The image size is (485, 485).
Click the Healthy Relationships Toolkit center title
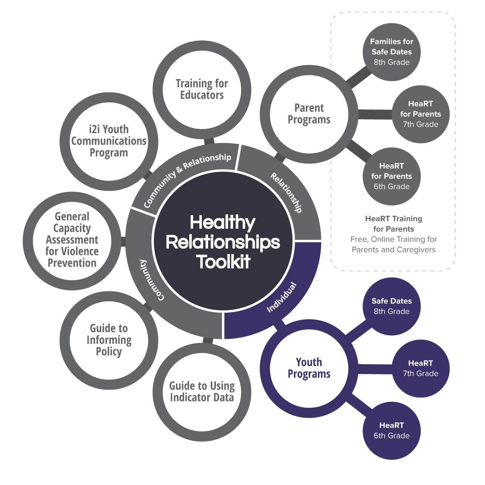point(223,242)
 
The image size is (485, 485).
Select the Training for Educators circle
point(202,89)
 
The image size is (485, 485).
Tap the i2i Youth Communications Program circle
point(109,141)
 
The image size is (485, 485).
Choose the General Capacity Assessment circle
point(72,240)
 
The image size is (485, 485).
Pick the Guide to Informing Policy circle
point(109,340)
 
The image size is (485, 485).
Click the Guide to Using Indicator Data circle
point(202,392)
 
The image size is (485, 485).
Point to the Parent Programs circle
point(309,114)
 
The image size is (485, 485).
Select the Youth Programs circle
point(309,368)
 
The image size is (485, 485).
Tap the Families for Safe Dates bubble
point(391,52)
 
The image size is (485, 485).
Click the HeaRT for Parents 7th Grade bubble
point(420,114)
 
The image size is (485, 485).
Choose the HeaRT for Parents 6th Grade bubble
point(391,176)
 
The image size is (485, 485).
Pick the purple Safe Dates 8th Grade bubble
point(391,306)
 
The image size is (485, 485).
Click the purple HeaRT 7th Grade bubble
point(420,368)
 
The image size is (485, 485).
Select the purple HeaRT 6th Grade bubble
point(391,430)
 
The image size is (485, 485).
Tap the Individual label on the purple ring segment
point(282,297)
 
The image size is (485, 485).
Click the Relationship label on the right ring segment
point(286,192)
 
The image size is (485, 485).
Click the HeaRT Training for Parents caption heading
point(393,224)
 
